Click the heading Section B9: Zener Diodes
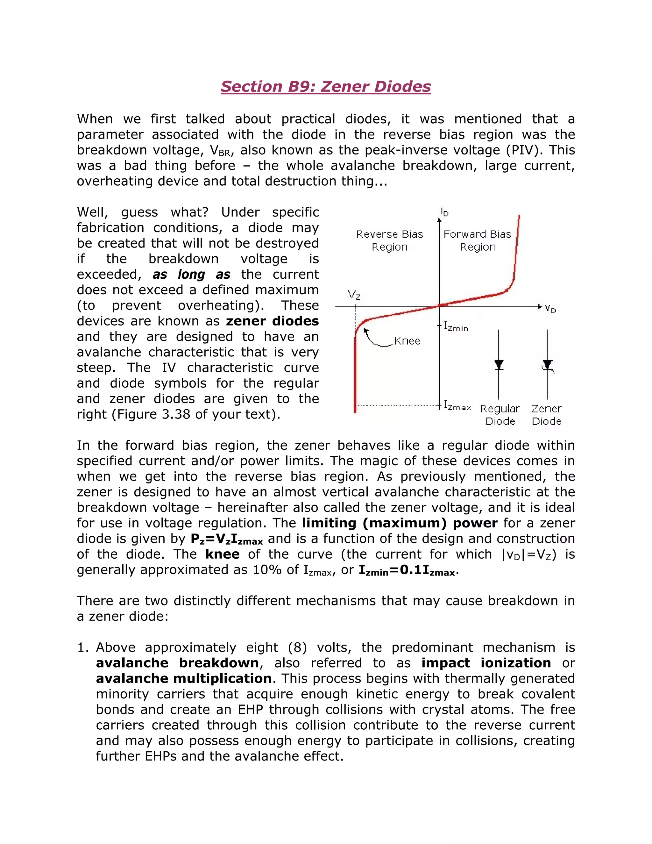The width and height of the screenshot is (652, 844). (x=326, y=86)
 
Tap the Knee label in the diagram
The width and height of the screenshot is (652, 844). (x=407, y=341)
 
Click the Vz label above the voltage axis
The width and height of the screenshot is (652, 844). (x=354, y=295)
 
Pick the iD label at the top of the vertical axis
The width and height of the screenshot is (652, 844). (x=444, y=212)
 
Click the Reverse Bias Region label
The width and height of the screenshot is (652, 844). (x=389, y=240)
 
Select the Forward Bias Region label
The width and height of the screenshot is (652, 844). (x=478, y=240)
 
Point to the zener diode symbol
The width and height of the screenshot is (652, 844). (x=547, y=365)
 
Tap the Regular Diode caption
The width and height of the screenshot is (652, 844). (x=500, y=415)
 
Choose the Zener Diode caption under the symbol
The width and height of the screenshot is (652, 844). (x=546, y=415)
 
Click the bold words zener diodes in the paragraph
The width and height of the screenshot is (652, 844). (x=272, y=321)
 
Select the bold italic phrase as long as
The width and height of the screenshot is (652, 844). (x=191, y=274)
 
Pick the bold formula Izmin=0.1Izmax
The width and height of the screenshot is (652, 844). (x=408, y=570)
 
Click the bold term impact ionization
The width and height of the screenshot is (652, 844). (x=486, y=663)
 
